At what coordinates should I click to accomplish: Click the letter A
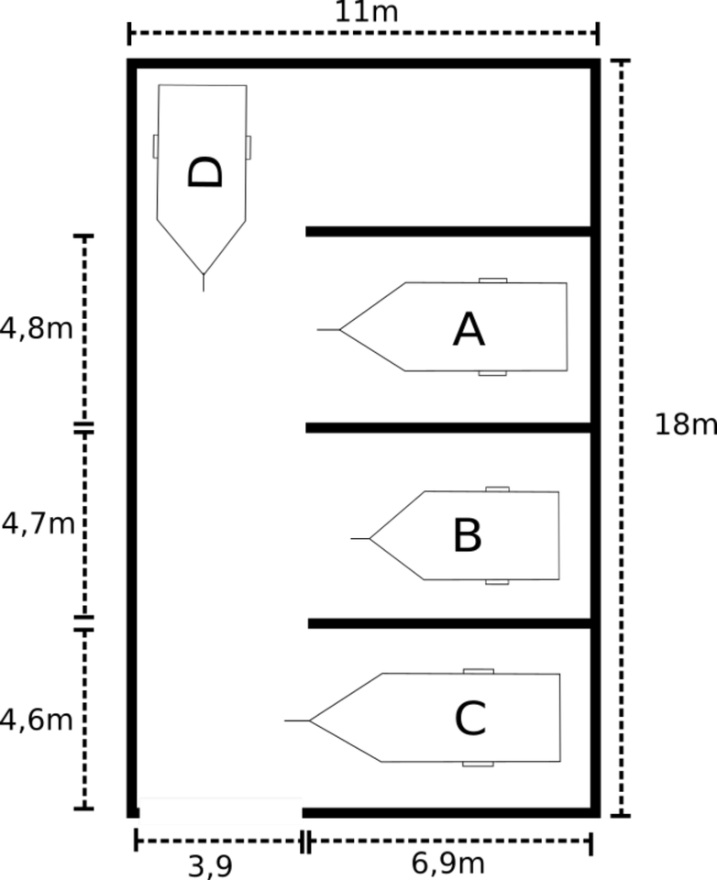(469, 330)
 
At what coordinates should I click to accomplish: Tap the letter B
(468, 536)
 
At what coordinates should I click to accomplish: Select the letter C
(470, 720)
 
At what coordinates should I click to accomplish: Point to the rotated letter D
(204, 171)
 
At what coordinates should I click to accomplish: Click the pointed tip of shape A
(343, 329)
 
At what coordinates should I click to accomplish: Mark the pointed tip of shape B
(372, 538)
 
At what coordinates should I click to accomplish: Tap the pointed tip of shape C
(313, 720)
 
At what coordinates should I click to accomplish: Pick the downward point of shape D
(203, 271)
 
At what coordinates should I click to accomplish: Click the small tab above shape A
(493, 280)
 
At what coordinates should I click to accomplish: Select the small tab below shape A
(492, 373)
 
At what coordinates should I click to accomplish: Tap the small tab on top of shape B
(497, 489)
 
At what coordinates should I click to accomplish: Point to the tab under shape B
(497, 581)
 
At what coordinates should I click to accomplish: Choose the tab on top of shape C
(478, 672)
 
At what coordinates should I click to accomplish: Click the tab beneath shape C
(478, 764)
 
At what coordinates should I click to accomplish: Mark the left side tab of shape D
(156, 147)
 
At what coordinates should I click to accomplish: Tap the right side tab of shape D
(248, 148)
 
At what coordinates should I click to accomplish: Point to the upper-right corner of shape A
(565, 285)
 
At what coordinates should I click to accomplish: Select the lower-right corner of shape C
(557, 759)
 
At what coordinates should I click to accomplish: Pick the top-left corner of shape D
(160, 87)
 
